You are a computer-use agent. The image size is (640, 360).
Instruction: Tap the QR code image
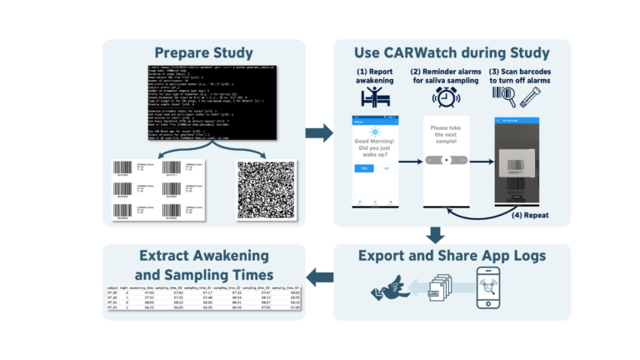click(266, 187)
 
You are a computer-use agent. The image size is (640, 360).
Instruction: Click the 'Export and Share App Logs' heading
click(452, 254)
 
